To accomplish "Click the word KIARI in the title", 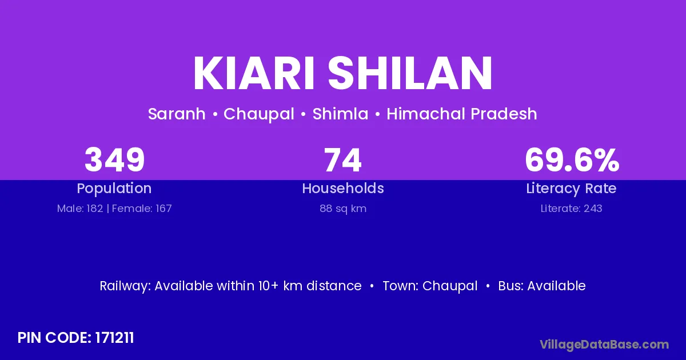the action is point(254,73).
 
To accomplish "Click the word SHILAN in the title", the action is point(410,73).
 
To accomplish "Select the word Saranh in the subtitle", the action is point(177,114).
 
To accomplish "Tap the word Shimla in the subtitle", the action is point(340,114).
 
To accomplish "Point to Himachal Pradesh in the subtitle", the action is point(462,114).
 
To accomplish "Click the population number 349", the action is point(114,160).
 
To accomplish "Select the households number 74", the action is point(343,160).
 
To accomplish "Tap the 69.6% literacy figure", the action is point(572,160).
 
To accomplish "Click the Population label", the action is point(114,189).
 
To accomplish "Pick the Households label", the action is point(343,188).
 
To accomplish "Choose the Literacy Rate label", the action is point(571,189).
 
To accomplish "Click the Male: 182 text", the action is point(80,209).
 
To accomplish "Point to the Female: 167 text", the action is point(142,209).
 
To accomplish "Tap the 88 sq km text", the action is point(343,209).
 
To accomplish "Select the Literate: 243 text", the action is point(572,209).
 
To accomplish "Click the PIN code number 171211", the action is point(114,338).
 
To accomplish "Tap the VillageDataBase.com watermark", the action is point(604,345).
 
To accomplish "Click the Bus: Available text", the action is point(542,286).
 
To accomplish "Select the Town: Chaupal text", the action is point(430,286).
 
